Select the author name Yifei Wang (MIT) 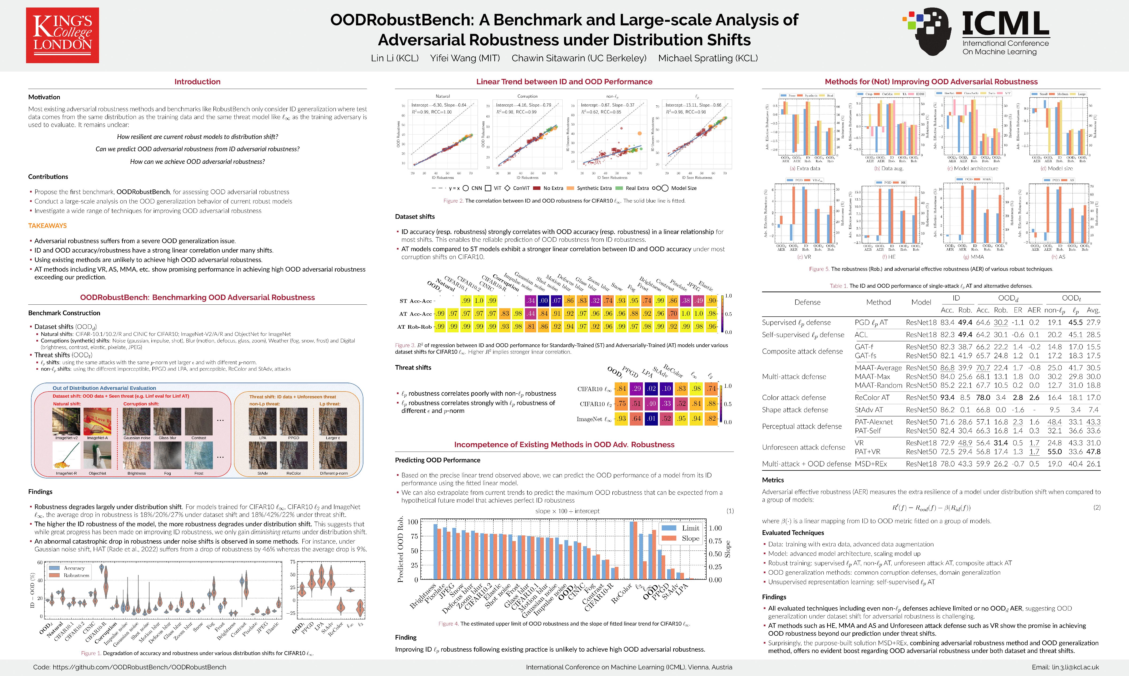[x=465, y=58]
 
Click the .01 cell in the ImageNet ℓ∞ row [x=651, y=419]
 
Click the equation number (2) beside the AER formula [x=1097, y=507]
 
